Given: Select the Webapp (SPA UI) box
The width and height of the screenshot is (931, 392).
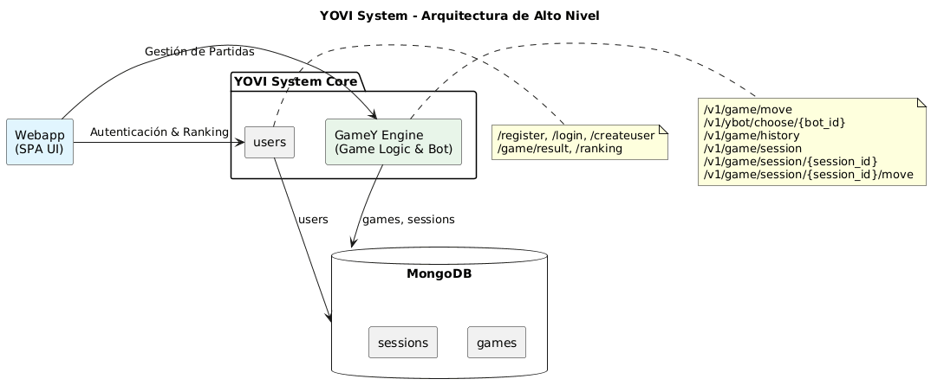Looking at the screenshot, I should tap(40, 141).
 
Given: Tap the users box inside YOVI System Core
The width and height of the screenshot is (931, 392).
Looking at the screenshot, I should tap(270, 142).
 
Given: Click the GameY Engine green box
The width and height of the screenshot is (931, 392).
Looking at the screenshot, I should tap(392, 141).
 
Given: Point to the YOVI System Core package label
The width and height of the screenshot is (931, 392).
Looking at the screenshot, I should tap(295, 81).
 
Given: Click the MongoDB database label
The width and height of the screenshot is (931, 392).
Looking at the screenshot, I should tap(439, 274).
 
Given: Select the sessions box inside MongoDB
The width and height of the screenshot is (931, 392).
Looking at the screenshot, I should tap(403, 342).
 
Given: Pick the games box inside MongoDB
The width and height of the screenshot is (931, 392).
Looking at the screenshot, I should tap(497, 342).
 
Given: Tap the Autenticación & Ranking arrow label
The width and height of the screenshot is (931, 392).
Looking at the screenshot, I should tap(160, 132).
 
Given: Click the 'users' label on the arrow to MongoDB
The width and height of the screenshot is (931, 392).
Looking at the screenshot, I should tap(314, 219).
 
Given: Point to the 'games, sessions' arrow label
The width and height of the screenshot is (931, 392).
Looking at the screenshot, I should tap(408, 219).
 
